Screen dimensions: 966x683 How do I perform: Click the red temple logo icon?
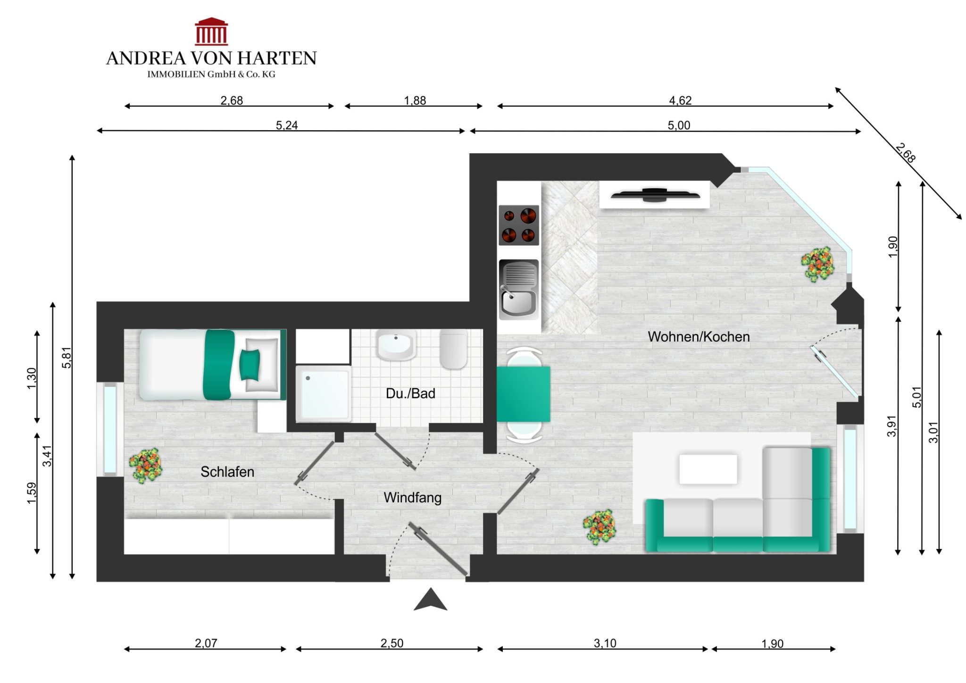(211, 32)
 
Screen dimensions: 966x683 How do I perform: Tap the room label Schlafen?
(227, 472)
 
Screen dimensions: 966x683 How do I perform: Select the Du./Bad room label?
(410, 393)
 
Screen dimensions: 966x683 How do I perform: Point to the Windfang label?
(413, 498)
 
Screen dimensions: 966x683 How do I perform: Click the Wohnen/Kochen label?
(699, 337)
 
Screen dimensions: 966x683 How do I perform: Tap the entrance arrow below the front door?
(430, 600)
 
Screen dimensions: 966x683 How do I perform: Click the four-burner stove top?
(519, 225)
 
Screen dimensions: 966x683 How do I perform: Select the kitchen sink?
(519, 289)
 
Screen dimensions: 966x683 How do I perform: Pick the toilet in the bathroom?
(454, 349)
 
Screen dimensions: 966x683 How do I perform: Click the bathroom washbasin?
(396, 345)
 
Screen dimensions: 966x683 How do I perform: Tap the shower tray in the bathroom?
(324, 393)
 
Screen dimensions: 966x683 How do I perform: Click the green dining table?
(524, 394)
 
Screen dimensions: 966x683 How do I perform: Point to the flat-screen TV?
(655, 194)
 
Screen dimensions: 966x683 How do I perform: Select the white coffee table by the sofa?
(708, 469)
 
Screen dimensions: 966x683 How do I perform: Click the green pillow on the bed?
(250, 365)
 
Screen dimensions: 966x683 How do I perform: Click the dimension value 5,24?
(287, 125)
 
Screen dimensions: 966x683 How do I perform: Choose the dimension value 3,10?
(605, 643)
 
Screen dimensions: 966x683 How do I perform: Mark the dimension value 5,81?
(67, 358)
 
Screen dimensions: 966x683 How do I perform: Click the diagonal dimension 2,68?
(905, 153)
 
